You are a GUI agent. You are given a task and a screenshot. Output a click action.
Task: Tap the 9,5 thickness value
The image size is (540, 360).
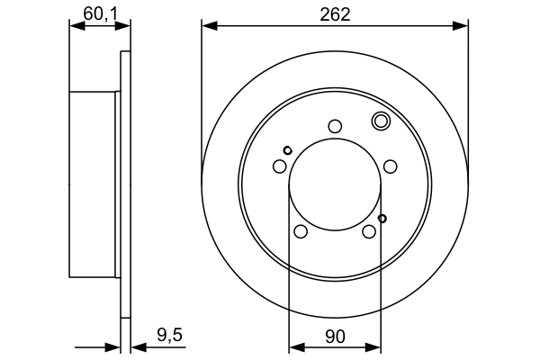(x=171, y=336)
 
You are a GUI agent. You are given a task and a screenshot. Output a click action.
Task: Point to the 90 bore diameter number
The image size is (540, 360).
(x=335, y=336)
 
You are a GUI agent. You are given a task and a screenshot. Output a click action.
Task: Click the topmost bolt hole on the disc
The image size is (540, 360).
(x=335, y=126)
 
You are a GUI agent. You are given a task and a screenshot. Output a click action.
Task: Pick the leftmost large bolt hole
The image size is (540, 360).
(x=279, y=166)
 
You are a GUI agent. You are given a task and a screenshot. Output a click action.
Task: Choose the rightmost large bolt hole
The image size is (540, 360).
(x=391, y=166)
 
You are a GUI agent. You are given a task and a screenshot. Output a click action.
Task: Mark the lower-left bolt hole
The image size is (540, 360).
(x=301, y=232)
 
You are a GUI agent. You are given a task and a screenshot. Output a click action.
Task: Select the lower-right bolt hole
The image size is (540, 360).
(x=369, y=232)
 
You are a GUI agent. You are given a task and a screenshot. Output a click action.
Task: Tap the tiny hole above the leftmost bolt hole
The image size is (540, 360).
(x=287, y=149)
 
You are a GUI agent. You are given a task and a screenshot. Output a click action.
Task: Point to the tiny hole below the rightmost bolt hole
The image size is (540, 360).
(x=382, y=218)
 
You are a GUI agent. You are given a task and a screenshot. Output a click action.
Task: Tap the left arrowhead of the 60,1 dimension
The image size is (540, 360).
(x=75, y=26)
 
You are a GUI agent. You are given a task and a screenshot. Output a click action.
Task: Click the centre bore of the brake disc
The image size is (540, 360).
(x=335, y=184)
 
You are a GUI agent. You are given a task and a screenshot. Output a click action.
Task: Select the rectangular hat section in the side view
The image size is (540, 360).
(x=94, y=184)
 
